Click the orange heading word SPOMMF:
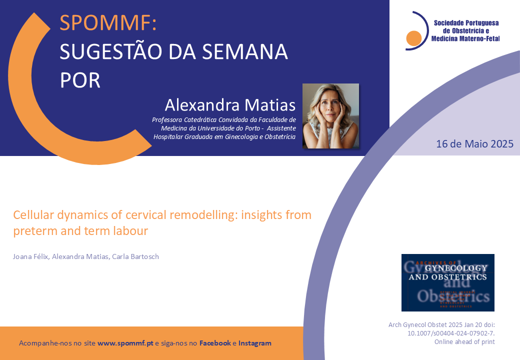[108, 23]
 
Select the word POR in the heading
[80, 80]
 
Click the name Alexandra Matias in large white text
[230, 105]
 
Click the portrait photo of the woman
[330, 116]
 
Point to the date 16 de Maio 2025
[474, 144]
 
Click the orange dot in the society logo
[413, 38]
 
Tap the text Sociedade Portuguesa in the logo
[466, 23]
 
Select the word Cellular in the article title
[33, 215]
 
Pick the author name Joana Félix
[31, 256]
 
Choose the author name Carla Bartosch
[135, 256]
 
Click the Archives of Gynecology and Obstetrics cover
[447, 283]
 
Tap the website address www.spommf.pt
[125, 343]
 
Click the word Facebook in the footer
[215, 343]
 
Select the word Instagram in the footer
[254, 343]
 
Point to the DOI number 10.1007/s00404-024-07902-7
[451, 333]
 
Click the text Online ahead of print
[464, 342]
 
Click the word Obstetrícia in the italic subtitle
[280, 137]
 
